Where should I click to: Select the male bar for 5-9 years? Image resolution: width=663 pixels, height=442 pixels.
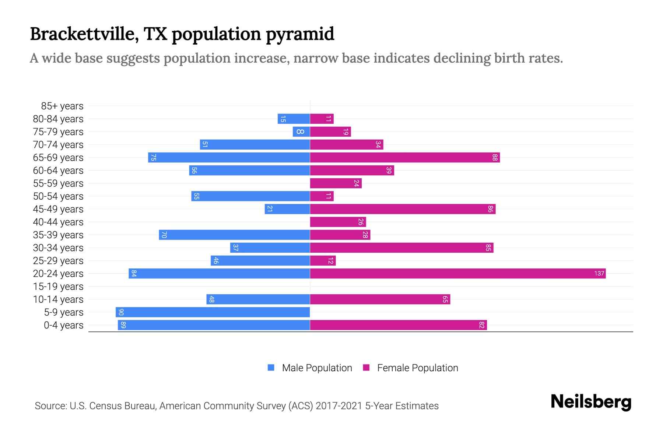213,312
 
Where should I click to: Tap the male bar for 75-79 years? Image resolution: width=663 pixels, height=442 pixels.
301,131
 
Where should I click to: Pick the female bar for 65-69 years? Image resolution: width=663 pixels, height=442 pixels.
404,157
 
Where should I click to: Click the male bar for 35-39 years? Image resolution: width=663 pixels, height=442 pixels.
234,235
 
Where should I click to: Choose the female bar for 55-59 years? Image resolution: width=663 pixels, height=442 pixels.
336,183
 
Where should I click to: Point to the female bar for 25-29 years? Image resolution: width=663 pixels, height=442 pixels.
323,260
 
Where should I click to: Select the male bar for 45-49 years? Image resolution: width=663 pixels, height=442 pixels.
287,209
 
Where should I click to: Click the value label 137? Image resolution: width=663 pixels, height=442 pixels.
599,273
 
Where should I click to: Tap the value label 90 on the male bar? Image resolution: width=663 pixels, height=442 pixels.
121,312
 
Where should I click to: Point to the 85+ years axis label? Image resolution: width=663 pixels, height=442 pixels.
62,106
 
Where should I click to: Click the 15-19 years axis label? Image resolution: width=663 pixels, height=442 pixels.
58,287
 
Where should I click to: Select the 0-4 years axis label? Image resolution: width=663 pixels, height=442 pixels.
63,325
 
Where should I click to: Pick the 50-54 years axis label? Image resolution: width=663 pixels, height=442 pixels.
58,196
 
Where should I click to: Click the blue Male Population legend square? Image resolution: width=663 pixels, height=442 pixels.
271,368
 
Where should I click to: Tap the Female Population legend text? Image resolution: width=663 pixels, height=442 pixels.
417,368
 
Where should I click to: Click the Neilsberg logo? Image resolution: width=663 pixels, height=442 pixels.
591,402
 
